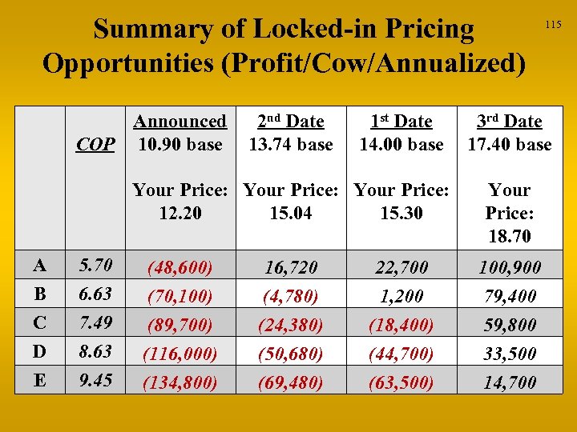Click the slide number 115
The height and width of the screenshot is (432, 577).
click(x=553, y=26)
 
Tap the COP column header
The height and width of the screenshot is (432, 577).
click(x=95, y=145)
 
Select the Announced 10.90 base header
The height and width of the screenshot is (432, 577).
click(x=180, y=133)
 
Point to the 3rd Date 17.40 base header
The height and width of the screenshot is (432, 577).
click(x=510, y=133)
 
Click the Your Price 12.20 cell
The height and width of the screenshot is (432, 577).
click(x=180, y=202)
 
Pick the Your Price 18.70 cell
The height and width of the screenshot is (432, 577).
click(x=510, y=213)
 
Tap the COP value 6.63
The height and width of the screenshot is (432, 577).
click(x=95, y=294)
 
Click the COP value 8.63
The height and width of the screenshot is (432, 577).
click(x=95, y=351)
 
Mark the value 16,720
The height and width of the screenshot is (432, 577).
click(x=291, y=267)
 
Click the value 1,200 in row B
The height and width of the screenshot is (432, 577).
click(x=401, y=296)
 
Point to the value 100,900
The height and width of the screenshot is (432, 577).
click(x=510, y=267)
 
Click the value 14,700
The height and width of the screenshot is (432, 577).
click(x=510, y=382)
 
